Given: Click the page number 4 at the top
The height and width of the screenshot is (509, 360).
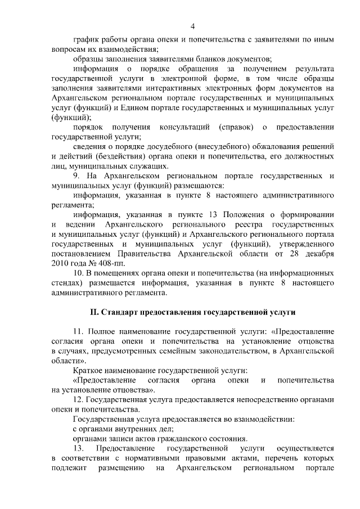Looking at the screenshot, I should (x=193, y=26).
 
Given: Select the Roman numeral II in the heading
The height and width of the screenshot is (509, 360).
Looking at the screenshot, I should (x=94, y=312).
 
